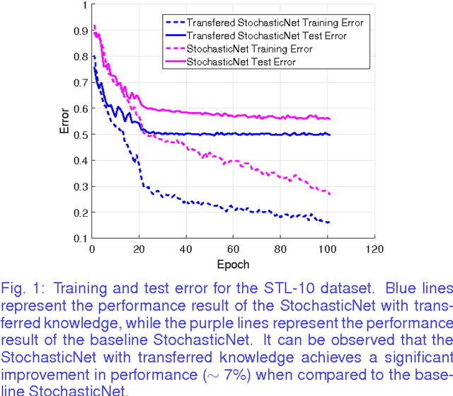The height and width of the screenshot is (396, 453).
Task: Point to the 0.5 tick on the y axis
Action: tap(81, 135)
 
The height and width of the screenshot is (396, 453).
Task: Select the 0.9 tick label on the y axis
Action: tap(81, 30)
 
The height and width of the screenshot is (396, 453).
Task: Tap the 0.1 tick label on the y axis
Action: tap(81, 239)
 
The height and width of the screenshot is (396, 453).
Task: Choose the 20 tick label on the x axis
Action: tap(139, 249)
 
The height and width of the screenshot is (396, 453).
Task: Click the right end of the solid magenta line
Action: tap(330, 119)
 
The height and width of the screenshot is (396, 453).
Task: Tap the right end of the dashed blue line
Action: tap(330, 223)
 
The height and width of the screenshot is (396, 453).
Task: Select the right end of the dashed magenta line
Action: tap(330, 194)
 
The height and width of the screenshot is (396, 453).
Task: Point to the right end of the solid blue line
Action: tap(330, 135)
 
